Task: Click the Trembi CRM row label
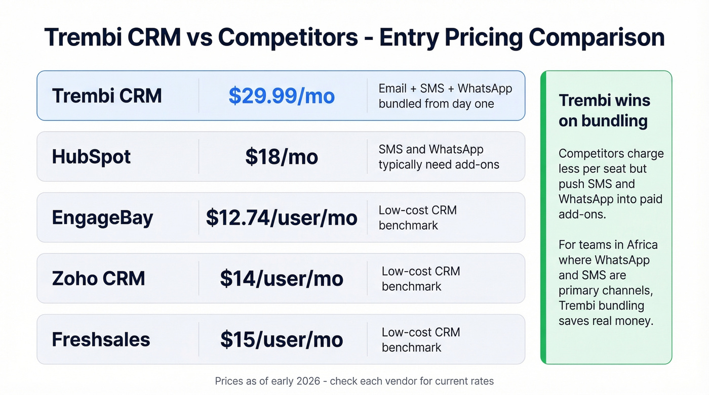[x=107, y=96]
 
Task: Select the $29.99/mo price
[x=282, y=96]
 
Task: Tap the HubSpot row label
[x=91, y=157]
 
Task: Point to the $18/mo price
[x=282, y=157]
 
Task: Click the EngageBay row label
[x=102, y=217]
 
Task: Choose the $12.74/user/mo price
[x=282, y=217]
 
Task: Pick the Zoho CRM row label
[x=98, y=279]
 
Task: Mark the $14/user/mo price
[x=282, y=279]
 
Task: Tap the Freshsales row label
[x=101, y=339]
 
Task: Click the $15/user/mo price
[x=282, y=339]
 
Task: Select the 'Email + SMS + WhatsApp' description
[x=445, y=96]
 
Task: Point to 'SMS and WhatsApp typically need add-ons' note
[x=439, y=157]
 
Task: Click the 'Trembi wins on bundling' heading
[x=603, y=110]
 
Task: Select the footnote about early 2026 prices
[x=354, y=381]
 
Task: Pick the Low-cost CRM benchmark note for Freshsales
[x=420, y=339]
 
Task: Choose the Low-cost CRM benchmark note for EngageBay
[x=417, y=217]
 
